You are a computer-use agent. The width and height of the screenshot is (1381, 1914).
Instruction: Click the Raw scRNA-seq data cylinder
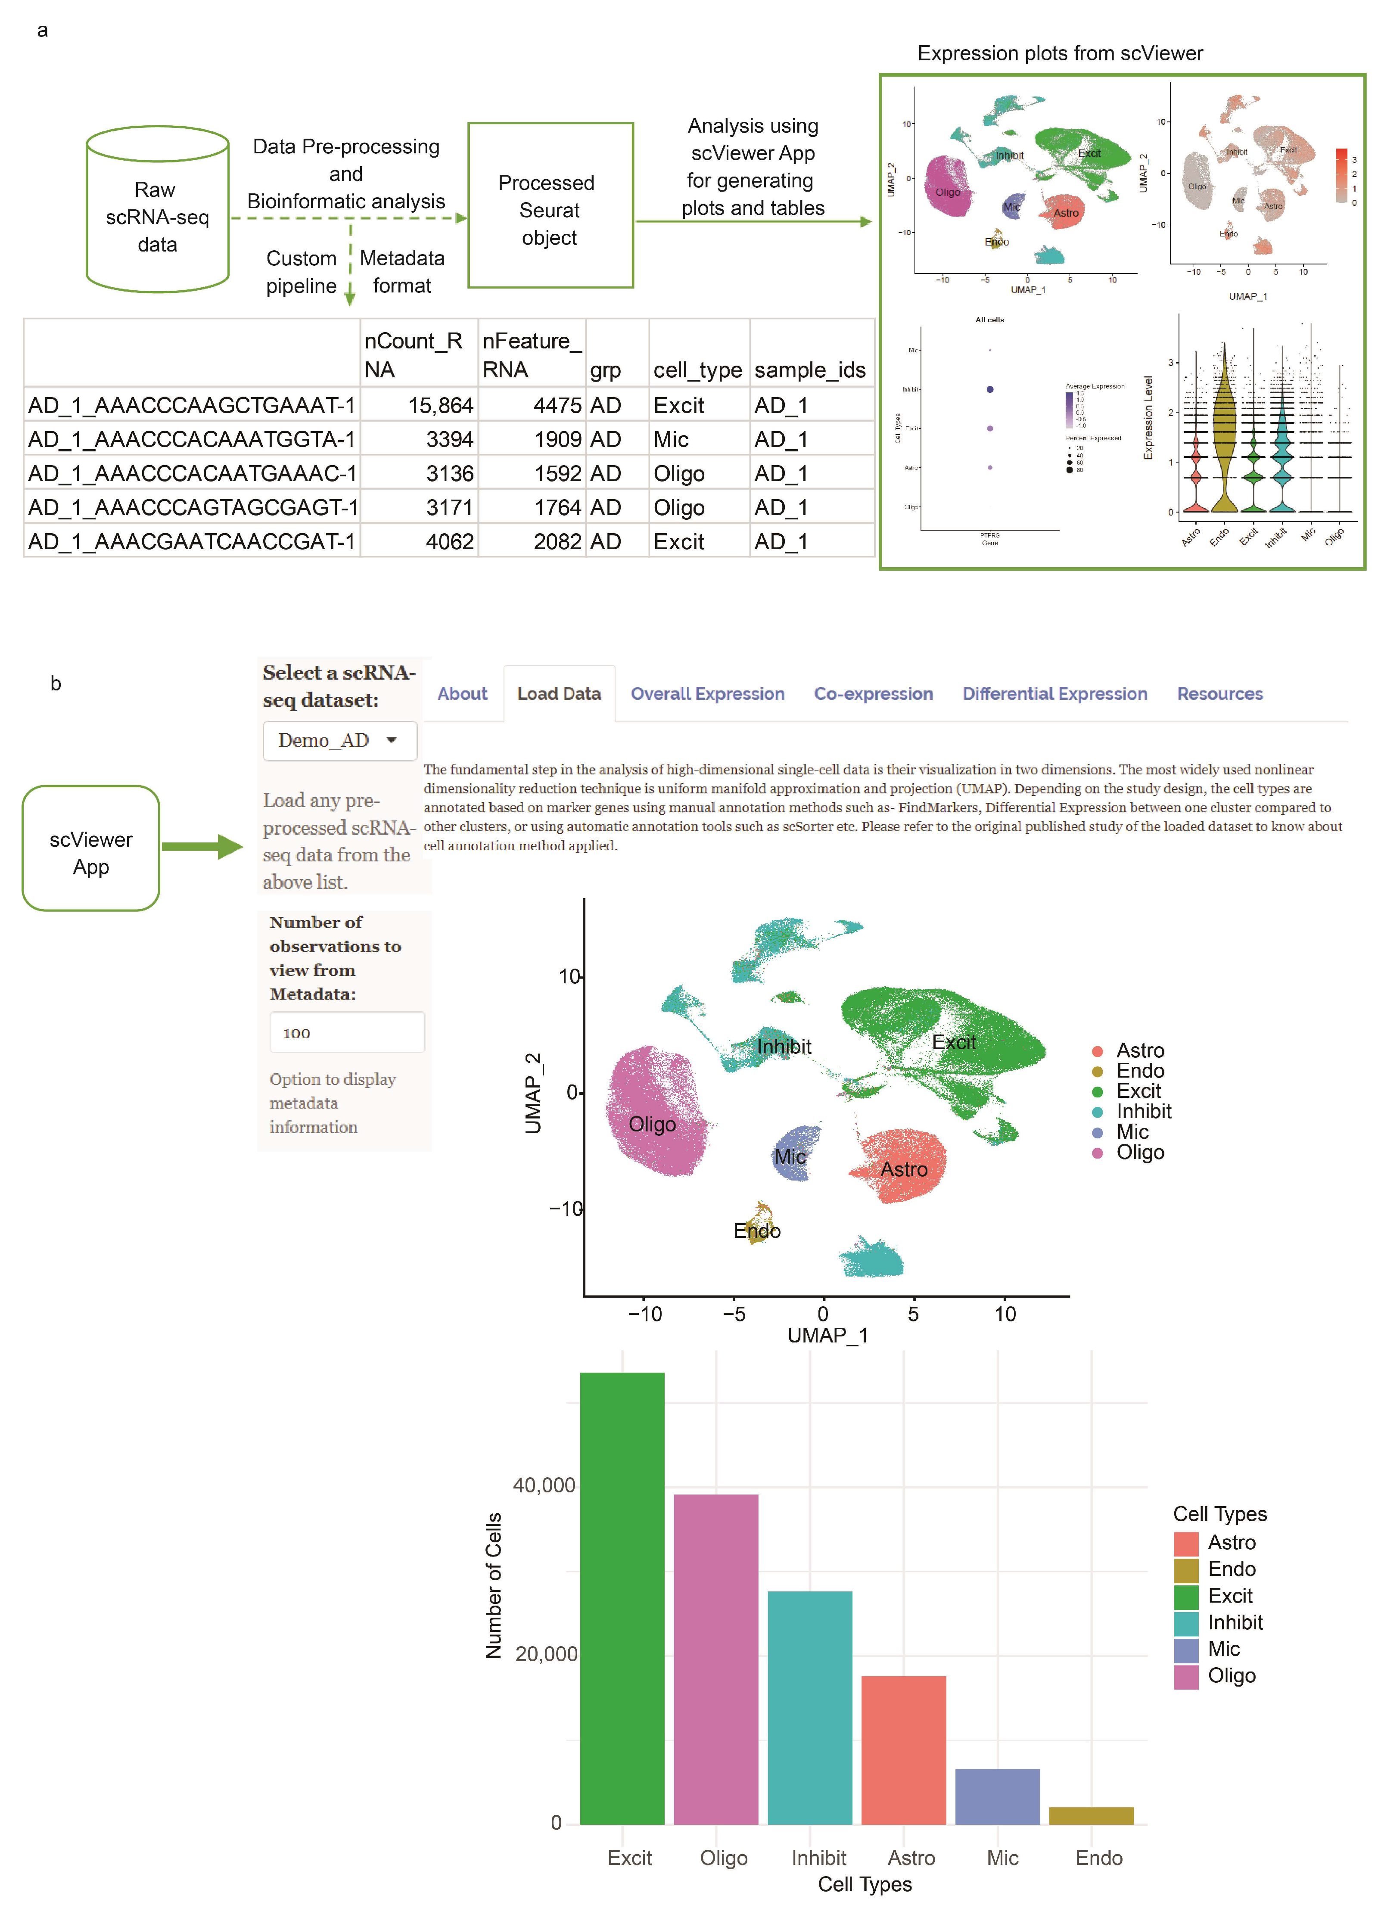(157, 211)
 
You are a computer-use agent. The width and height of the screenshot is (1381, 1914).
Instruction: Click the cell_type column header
(697, 370)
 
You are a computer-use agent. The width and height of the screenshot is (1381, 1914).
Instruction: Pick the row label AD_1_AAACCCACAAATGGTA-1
(192, 440)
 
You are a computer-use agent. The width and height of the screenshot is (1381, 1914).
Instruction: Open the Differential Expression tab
(1054, 694)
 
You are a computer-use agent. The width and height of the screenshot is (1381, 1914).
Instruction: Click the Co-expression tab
(873, 694)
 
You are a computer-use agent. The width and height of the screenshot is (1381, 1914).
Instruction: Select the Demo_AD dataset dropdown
(339, 741)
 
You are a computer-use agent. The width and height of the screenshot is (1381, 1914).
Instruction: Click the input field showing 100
(346, 1032)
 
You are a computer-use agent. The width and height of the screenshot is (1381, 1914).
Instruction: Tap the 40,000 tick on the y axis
(544, 1485)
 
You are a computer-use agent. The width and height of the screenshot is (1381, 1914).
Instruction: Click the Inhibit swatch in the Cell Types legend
(1186, 1623)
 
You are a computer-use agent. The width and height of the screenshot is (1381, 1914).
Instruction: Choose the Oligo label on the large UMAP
(652, 1124)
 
